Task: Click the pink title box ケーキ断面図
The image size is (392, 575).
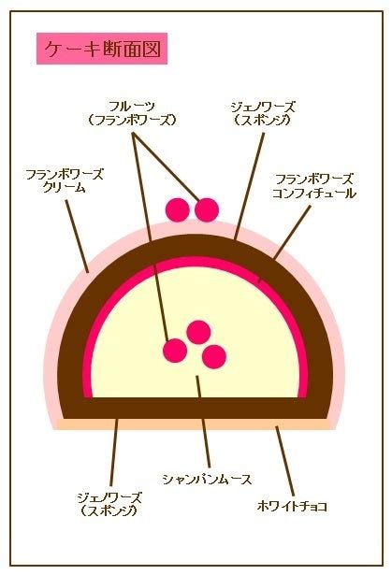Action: pos(102,49)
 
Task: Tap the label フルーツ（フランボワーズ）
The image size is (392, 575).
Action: pos(132,113)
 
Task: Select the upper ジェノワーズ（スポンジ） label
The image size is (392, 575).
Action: pos(263,114)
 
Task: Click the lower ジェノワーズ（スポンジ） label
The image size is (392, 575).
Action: pos(109,504)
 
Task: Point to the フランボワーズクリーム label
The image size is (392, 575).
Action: pos(65,180)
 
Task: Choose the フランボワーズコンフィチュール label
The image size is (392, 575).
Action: pos(314,187)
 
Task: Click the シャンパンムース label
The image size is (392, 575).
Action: pos(207,480)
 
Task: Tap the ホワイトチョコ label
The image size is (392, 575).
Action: pos(292,507)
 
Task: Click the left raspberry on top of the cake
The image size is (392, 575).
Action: pos(178,209)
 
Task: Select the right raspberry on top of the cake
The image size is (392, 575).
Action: pos(207,209)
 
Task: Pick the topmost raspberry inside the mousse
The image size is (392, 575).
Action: pos(198,332)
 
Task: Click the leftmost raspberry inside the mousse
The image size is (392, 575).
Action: pos(175,351)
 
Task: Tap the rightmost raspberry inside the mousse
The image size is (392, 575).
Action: pos(214,356)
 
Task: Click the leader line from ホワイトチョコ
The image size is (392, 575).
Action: pos(285,461)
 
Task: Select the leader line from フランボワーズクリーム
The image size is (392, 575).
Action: pos(77,237)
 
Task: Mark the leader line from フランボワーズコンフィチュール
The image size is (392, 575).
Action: pos(284,244)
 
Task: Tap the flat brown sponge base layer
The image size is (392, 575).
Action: pos(196,409)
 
